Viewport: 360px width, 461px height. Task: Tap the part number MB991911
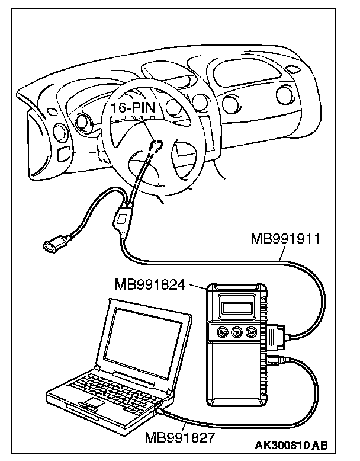click(x=285, y=239)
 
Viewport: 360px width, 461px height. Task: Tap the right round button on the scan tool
click(x=251, y=332)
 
